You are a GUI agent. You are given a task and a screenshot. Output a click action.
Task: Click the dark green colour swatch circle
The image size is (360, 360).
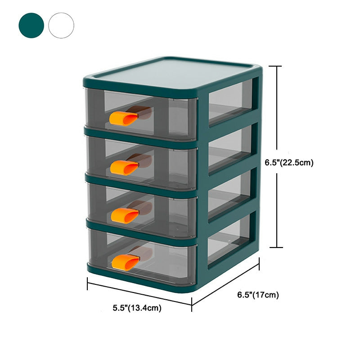click(31, 25)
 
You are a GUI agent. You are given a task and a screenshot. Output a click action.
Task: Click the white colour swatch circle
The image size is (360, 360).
click(61, 25)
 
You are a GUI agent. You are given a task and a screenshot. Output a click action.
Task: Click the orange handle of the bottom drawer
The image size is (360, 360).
click(126, 261)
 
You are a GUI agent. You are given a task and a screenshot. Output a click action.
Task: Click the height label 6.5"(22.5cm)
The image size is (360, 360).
click(288, 163)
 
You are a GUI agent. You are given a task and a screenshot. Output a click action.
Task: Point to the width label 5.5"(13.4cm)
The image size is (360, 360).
click(137, 308)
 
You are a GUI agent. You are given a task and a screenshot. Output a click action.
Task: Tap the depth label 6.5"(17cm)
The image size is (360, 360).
click(258, 295)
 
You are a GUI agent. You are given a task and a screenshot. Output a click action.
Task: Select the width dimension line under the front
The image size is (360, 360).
click(139, 294)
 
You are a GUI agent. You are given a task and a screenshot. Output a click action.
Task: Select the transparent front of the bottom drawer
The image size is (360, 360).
click(171, 259)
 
